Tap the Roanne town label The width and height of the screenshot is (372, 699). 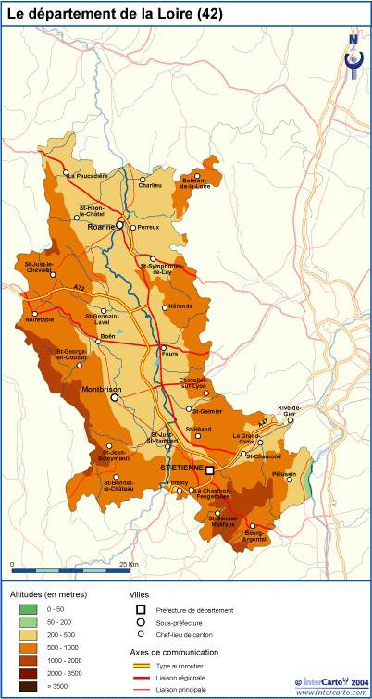[99, 226]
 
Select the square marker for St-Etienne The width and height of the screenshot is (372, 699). [208, 469]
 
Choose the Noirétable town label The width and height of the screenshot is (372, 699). [35, 319]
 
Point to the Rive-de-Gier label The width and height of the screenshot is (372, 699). [290, 410]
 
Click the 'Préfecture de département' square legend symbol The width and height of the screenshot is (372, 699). [142, 609]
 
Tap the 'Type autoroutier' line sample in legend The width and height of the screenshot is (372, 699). [142, 665]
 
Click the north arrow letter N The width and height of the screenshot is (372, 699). [353, 40]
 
